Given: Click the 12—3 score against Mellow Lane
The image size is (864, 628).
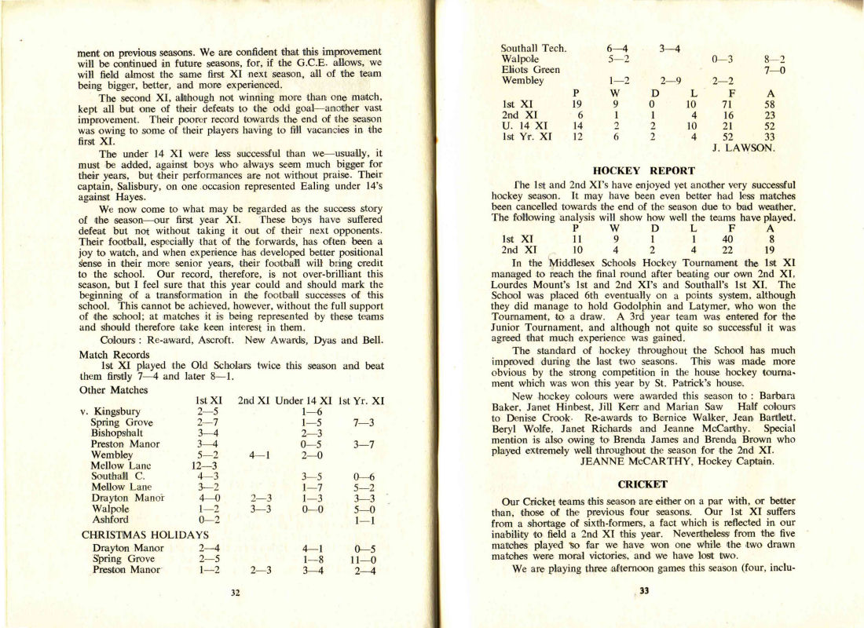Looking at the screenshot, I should [x=208, y=465].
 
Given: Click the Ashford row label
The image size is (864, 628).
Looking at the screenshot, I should [x=110, y=520].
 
